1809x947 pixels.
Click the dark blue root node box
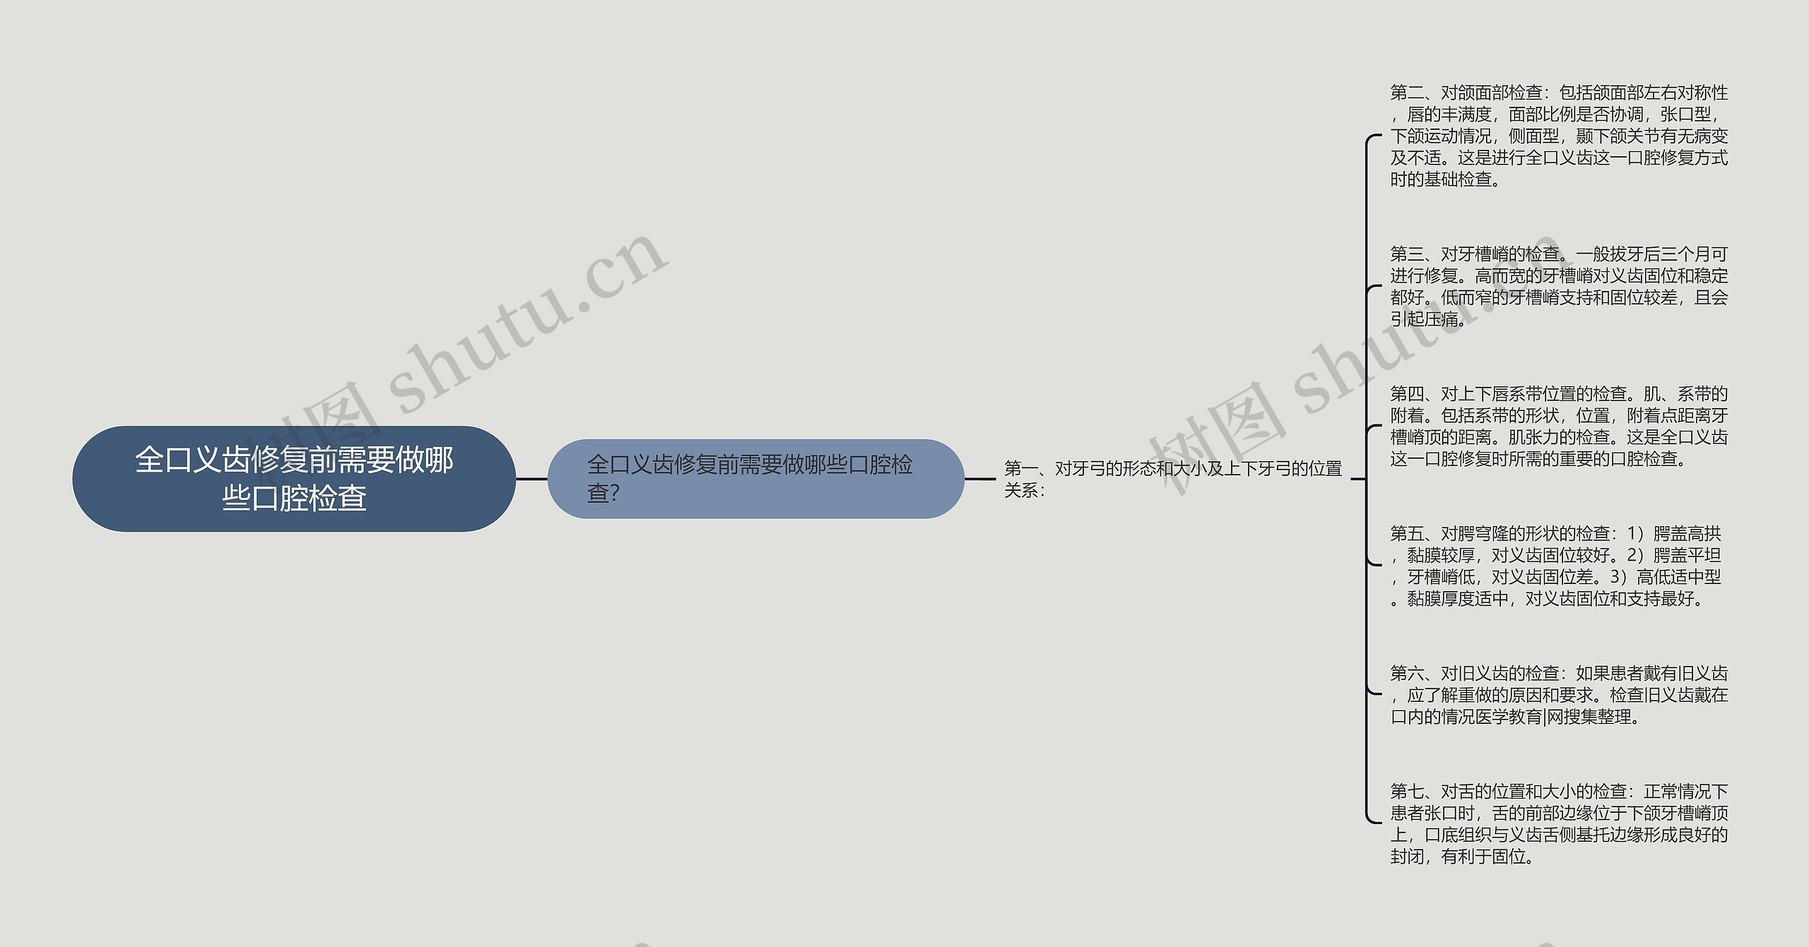coord(294,479)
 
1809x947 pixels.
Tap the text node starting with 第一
coord(1173,479)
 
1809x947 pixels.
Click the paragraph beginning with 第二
coord(1558,136)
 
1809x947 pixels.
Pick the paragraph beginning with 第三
coord(1558,286)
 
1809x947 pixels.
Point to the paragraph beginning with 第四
coord(1558,426)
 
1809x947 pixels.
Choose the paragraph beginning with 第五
coord(1555,566)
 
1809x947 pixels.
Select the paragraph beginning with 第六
coord(1558,695)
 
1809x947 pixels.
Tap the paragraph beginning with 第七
coord(1558,823)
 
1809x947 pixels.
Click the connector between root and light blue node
coord(531,479)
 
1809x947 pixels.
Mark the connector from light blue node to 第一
coord(980,479)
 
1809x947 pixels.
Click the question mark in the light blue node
coord(614,494)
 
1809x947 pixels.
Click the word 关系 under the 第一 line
coord(1020,491)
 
